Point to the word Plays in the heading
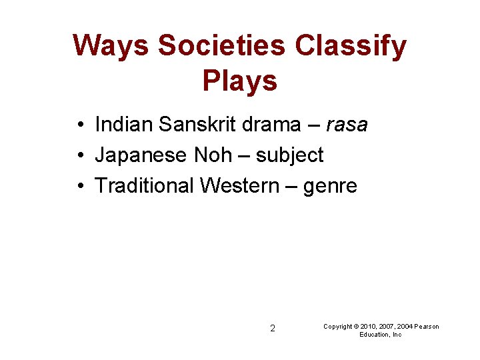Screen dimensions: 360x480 (239, 81)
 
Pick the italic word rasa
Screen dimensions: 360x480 (347, 125)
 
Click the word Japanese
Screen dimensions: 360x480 (141, 155)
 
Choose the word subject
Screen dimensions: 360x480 (290, 156)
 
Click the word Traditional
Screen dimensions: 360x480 (145, 186)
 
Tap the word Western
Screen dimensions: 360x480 (239, 186)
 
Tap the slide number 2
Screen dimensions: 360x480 (272, 328)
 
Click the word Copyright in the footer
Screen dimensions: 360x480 (337, 327)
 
